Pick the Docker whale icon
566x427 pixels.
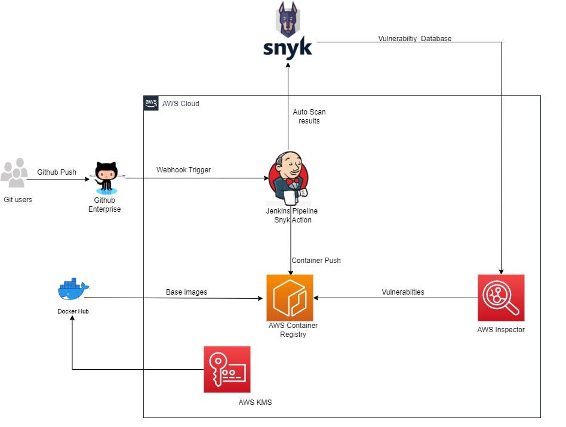coord(73,290)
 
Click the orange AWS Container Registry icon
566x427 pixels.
coord(290,298)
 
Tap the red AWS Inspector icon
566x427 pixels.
coord(501,298)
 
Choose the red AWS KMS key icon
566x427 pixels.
coord(227,369)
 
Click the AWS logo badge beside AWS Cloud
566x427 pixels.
coord(152,103)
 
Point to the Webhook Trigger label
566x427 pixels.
coord(183,170)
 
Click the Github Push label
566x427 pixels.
coord(57,172)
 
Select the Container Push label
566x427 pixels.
coord(316,261)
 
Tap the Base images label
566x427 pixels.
coord(186,292)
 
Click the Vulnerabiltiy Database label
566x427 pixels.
coord(414,39)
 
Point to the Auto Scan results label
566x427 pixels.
coord(309,116)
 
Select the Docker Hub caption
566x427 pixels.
coord(73,311)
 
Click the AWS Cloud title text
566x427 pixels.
coord(181,104)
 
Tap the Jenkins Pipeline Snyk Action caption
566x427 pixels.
coord(291,215)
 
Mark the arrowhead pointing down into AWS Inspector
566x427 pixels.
coord(501,270)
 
